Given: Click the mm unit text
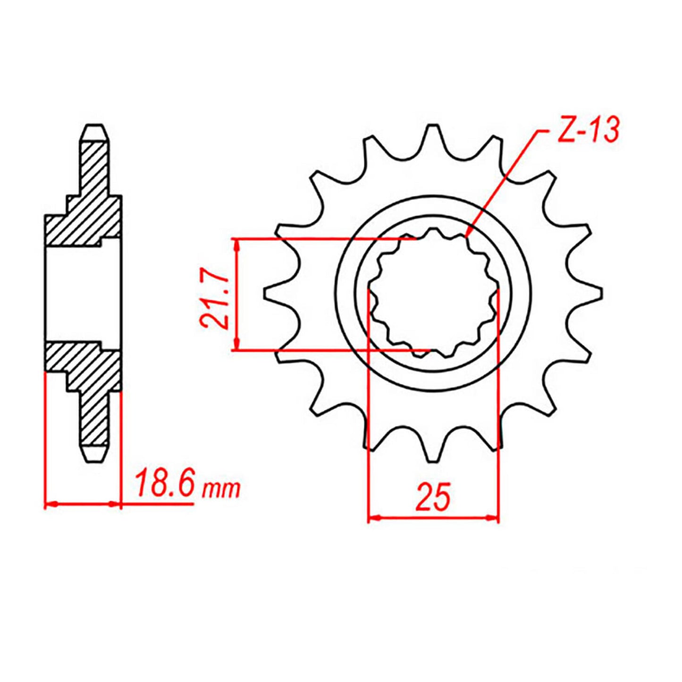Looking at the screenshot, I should [221, 489].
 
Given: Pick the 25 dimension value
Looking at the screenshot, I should [433, 497].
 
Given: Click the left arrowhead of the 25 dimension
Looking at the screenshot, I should [373, 518].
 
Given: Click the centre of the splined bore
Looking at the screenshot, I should [433, 294].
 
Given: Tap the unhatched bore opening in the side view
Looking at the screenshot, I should [83, 294].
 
